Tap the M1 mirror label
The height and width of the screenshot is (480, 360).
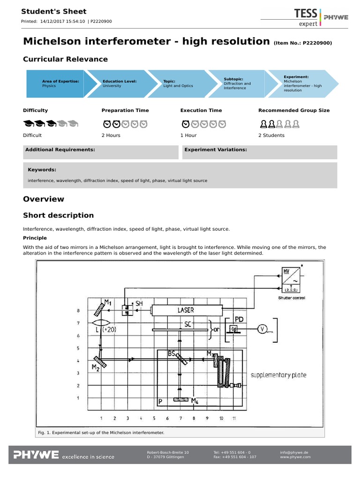(x=107, y=302)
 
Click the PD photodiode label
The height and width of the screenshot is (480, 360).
(x=239, y=319)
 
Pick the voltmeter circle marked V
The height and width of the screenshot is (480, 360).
(x=262, y=330)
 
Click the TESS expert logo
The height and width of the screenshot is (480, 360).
(x=306, y=17)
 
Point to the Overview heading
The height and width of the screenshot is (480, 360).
(x=44, y=199)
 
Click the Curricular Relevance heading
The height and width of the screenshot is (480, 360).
(x=65, y=59)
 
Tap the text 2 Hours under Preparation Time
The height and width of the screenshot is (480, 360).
(x=111, y=135)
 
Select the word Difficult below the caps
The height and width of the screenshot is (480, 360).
(x=32, y=135)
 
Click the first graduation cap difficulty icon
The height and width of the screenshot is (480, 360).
(x=28, y=124)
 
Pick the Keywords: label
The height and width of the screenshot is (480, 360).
(x=42, y=170)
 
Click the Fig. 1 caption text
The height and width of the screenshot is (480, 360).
(x=100, y=432)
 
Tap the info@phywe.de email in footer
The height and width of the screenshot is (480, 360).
(x=294, y=452)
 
